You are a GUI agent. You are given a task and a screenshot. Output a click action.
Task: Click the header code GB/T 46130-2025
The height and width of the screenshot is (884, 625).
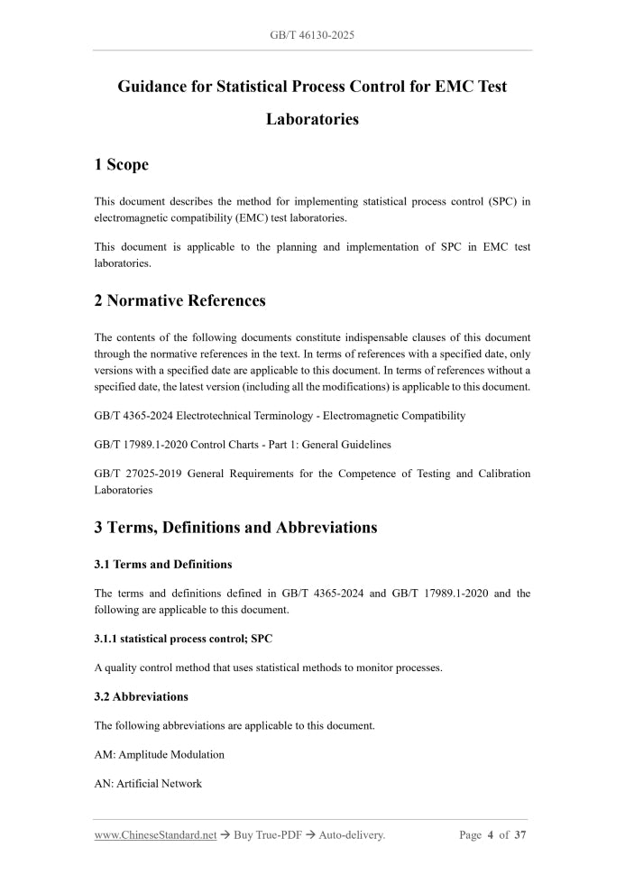[x=312, y=35]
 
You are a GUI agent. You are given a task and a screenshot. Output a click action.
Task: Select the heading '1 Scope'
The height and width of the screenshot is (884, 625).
[x=121, y=164]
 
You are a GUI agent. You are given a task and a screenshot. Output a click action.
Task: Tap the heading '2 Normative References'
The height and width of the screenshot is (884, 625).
[x=179, y=300]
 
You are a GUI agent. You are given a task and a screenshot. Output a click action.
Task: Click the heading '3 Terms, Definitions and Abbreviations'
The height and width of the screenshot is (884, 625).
[x=235, y=527]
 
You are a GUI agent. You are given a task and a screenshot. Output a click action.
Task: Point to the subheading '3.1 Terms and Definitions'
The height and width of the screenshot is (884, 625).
[x=162, y=565]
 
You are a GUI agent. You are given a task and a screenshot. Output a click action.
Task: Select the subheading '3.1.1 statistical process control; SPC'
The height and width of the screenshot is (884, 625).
[x=183, y=639]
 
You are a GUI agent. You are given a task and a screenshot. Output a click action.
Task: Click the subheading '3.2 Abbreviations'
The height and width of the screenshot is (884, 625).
[x=141, y=696]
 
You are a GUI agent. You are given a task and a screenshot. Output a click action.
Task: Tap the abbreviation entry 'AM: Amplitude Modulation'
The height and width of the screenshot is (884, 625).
[x=159, y=754]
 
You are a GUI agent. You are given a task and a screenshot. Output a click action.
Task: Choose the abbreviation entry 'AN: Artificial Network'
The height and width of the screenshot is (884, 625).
[x=148, y=783]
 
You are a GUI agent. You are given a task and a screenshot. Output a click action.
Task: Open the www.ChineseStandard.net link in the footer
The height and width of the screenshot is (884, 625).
[x=155, y=835]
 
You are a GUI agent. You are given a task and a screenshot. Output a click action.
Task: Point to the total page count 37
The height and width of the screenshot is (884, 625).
[x=520, y=835]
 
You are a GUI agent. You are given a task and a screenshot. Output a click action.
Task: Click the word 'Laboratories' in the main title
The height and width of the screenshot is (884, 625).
[x=312, y=119]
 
